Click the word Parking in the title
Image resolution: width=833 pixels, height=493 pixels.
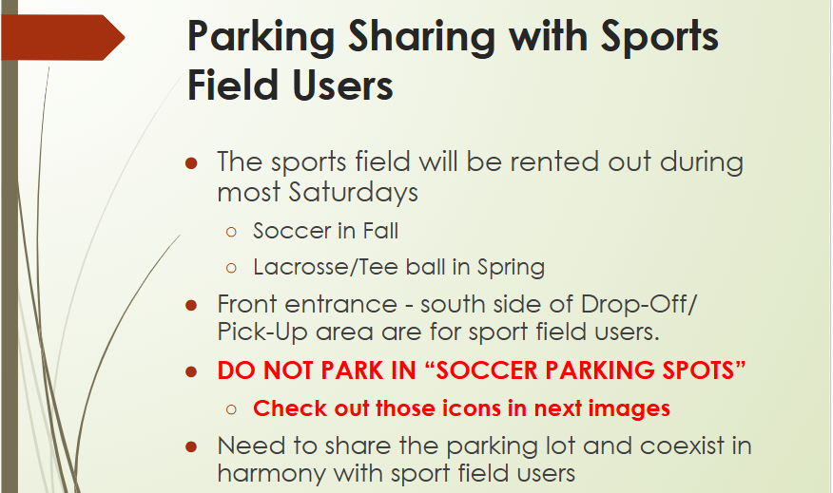point(261,38)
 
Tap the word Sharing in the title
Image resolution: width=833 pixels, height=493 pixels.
point(422,38)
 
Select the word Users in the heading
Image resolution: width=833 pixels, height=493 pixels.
point(342,85)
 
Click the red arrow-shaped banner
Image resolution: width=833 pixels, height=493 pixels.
point(63,37)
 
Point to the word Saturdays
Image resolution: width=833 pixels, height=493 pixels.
point(354,193)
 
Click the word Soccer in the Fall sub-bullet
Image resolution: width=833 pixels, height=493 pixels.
point(292,232)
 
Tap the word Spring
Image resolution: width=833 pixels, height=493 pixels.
point(511,268)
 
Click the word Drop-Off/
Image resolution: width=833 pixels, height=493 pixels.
point(639,305)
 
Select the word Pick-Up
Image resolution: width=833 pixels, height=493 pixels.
point(262,333)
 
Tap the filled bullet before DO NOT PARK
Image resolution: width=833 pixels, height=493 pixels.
point(191,372)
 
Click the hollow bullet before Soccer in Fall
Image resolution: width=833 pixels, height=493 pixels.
point(231,232)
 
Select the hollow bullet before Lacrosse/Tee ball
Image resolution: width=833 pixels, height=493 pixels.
point(231,268)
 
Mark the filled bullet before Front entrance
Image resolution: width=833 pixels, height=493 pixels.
point(191,306)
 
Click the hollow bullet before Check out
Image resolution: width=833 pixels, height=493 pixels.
point(231,409)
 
